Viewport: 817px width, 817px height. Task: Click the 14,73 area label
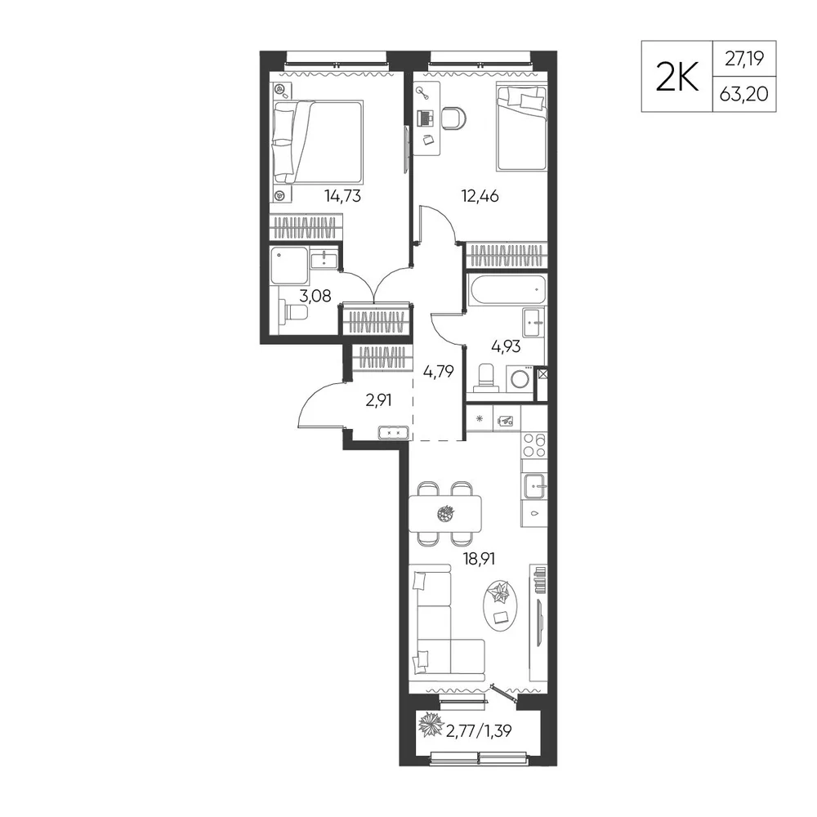click(x=342, y=196)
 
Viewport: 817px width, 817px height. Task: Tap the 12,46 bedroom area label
click(x=480, y=196)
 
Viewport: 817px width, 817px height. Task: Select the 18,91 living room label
click(x=479, y=559)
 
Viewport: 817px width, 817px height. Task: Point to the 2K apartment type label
click(x=676, y=78)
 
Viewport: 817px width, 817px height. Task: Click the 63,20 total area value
click(x=744, y=94)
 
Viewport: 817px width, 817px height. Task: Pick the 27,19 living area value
click(x=744, y=59)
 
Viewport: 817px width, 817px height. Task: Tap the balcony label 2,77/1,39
click(x=479, y=731)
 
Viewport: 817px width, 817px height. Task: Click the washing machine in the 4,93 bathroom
click(x=520, y=378)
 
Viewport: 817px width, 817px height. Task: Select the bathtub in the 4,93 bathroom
click(x=506, y=289)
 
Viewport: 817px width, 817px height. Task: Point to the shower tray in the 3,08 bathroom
click(x=289, y=266)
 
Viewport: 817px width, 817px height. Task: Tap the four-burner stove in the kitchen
click(x=534, y=445)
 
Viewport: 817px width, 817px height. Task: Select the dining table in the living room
click(x=445, y=513)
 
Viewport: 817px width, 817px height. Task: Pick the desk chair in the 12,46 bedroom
click(x=453, y=118)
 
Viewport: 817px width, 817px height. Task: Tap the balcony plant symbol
click(x=431, y=724)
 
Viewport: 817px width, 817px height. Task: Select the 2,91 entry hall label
click(x=378, y=400)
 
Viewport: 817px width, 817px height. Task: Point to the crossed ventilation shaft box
click(x=542, y=373)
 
